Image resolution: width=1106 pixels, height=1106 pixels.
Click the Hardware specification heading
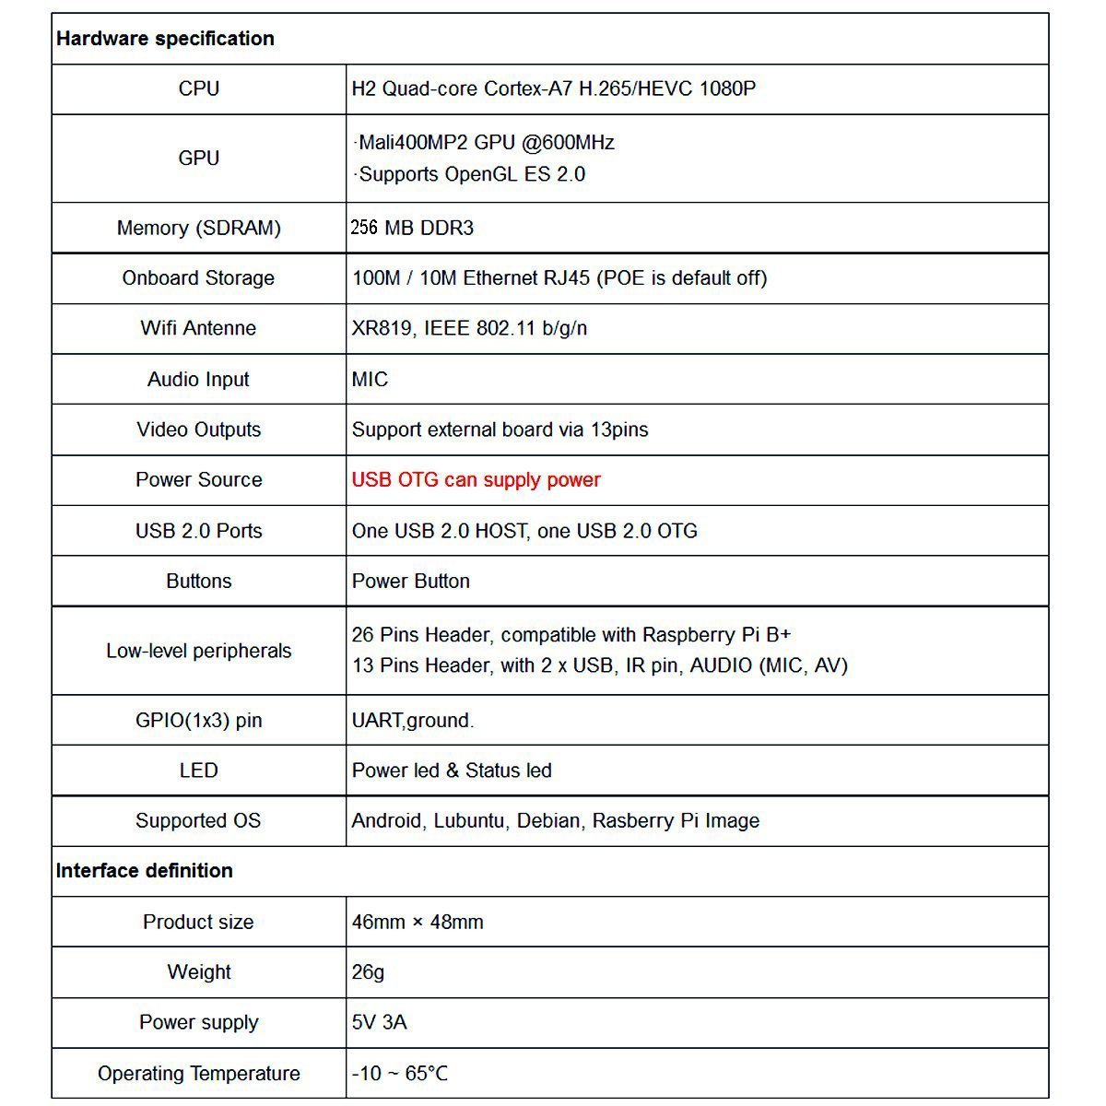point(165,39)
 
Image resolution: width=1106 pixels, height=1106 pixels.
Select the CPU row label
point(198,88)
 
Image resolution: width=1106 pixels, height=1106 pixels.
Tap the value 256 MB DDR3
point(412,228)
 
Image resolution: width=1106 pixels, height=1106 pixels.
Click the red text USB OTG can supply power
point(476,480)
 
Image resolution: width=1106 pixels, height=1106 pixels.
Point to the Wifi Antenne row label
point(198,328)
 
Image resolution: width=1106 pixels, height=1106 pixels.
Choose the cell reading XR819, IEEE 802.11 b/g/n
point(469,328)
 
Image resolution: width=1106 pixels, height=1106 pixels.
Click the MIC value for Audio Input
point(370,380)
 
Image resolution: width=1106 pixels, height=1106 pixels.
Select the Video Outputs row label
point(198,429)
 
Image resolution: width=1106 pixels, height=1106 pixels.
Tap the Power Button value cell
point(410,582)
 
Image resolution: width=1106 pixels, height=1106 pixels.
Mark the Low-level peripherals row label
point(198,651)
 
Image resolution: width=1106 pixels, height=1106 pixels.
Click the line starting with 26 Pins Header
point(571,635)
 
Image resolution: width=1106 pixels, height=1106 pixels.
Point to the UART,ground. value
point(412,721)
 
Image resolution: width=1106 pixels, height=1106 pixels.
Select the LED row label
point(198,771)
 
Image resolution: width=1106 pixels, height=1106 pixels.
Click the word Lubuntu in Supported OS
point(469,821)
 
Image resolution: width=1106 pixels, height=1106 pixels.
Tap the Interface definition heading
point(144,871)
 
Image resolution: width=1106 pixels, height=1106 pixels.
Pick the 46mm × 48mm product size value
point(417,922)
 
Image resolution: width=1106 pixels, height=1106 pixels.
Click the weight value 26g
point(368,972)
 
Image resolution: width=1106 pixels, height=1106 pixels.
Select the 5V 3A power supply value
point(379,1022)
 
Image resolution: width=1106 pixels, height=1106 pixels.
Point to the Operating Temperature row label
point(198,1074)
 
